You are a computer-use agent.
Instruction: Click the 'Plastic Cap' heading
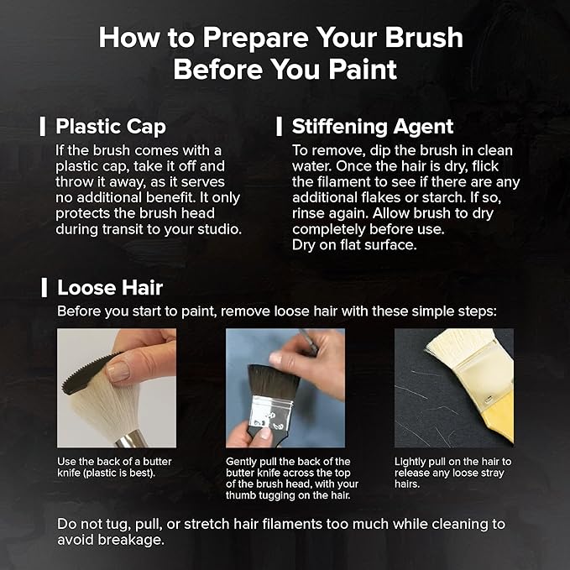click(111, 127)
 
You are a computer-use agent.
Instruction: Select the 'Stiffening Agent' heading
click(373, 127)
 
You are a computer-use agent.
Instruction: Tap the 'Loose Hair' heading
click(110, 288)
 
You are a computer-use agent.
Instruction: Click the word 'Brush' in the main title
click(424, 37)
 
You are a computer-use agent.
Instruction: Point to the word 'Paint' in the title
click(363, 69)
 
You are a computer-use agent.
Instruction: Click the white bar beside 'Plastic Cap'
click(43, 127)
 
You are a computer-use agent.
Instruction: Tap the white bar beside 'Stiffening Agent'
click(280, 127)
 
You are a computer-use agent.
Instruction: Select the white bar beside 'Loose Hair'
click(44, 288)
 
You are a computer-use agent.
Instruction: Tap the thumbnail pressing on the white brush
click(118, 371)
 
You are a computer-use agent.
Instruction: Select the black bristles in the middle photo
click(273, 382)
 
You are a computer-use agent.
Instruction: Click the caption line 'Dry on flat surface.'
click(354, 245)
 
